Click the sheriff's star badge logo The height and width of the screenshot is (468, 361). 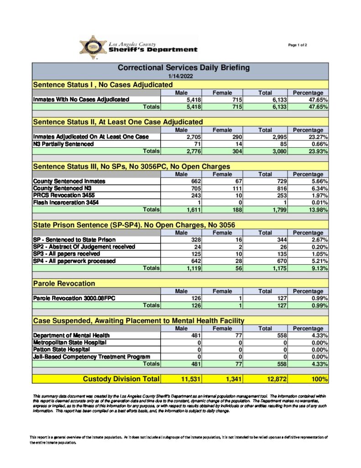click(x=94, y=47)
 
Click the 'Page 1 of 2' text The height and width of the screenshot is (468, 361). click(x=298, y=45)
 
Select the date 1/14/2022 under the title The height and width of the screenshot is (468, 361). click(x=180, y=76)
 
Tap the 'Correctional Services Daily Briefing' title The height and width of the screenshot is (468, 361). click(x=184, y=68)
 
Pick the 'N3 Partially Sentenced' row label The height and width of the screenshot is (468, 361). click(x=63, y=144)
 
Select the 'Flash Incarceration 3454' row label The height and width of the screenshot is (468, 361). click(x=66, y=202)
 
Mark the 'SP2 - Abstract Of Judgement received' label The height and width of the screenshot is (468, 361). click(x=84, y=247)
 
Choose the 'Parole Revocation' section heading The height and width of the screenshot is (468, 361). click(x=64, y=284)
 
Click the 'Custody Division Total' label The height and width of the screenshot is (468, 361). click(x=121, y=379)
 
